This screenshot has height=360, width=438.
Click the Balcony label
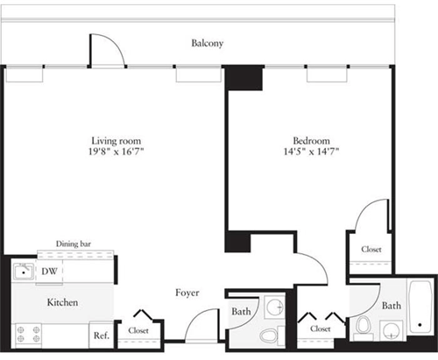(x=208, y=42)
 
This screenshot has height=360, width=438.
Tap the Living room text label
(x=116, y=140)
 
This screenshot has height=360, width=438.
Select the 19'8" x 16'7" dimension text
(x=116, y=152)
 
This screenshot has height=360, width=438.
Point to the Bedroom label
(x=311, y=140)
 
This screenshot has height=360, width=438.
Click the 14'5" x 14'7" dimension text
(x=311, y=152)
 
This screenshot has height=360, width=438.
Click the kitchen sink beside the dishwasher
(x=23, y=272)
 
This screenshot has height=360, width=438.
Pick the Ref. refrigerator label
(x=101, y=334)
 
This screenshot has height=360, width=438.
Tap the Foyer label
(x=187, y=293)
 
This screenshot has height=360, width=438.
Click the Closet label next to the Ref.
(x=138, y=330)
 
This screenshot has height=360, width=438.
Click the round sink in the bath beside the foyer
(x=274, y=307)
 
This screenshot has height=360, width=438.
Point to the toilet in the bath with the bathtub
(x=363, y=328)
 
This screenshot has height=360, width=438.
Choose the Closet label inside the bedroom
(x=371, y=250)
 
